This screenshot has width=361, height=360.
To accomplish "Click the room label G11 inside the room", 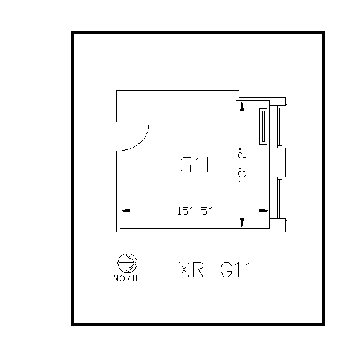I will [195, 165].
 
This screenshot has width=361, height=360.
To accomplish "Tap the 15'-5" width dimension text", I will [193, 211].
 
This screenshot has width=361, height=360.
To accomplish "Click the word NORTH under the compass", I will [127, 278].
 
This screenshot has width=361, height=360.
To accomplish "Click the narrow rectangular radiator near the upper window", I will [263, 126].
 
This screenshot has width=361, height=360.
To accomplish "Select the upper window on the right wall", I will [279, 126].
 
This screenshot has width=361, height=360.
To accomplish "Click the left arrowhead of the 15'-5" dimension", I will [125, 211].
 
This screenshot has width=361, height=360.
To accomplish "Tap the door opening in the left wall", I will [119, 133].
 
